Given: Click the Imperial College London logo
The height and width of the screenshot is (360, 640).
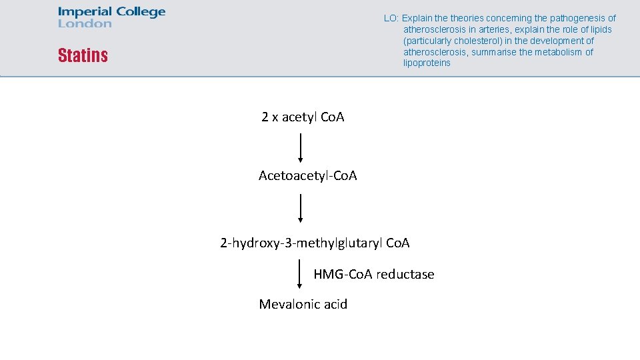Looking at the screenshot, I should point(111,17).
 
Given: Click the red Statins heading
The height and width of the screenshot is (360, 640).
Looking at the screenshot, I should point(83,55).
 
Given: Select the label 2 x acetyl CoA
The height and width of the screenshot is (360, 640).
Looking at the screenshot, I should point(303,117).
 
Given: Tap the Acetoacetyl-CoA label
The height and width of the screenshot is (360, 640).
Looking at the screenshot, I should point(307,176).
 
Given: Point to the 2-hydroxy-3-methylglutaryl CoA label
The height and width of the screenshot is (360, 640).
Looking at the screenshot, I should point(315,243).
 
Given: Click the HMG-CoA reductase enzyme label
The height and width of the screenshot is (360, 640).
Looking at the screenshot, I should point(373,274).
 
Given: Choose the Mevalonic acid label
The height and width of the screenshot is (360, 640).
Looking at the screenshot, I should point(303,305).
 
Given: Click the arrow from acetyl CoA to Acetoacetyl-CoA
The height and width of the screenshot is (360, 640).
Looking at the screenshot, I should point(301,147).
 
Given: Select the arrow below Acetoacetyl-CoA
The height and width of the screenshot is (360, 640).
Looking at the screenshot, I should point(301,207).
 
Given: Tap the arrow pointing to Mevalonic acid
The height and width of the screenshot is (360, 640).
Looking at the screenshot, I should point(300,274).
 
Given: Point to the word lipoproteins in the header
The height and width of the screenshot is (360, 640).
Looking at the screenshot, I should point(427,63).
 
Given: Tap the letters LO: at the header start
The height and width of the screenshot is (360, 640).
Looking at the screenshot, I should point(391,19).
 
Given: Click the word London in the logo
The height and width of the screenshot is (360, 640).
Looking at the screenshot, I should point(85,24).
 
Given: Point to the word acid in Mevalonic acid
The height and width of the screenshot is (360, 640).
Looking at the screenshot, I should point(335,305).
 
